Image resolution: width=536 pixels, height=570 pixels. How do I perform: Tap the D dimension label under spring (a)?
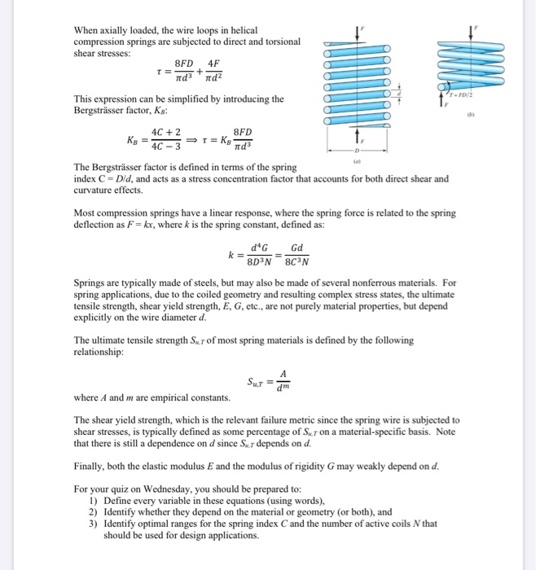(x=355, y=151)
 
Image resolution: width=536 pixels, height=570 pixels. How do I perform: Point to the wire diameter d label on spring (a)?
(x=398, y=92)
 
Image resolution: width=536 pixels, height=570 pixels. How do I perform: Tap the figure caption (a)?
(x=355, y=161)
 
